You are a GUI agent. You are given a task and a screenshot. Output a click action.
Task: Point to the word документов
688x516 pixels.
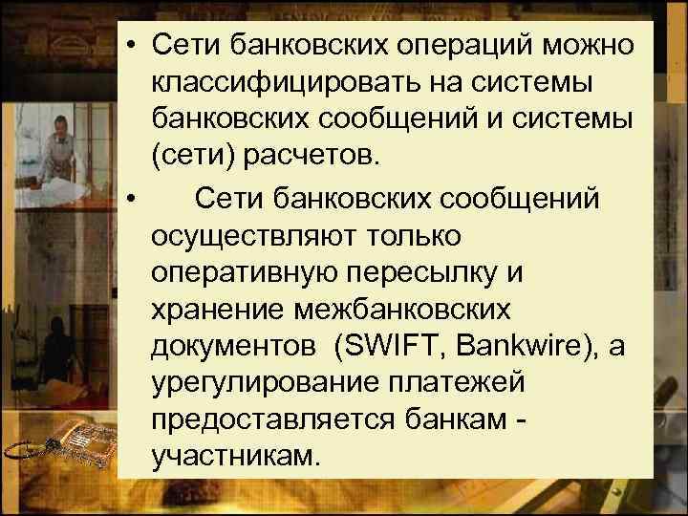coord(232,347)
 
